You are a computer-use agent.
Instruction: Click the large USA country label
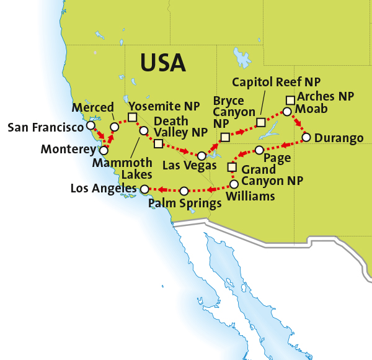pyautogui.click(x=162, y=62)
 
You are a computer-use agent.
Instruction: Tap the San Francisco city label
pyautogui.click(x=45, y=128)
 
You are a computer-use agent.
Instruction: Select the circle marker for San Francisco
pyautogui.click(x=91, y=125)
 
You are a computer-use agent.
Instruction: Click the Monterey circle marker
pyautogui.click(x=104, y=150)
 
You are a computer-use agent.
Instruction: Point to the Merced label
pyautogui.click(x=93, y=107)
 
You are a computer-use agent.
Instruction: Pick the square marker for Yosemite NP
pyautogui.click(x=132, y=117)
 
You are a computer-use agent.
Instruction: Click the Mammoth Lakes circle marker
pyautogui.click(x=143, y=131)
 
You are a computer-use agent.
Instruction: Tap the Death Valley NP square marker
pyautogui.click(x=158, y=144)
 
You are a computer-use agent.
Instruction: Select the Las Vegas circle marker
pyautogui.click(x=202, y=155)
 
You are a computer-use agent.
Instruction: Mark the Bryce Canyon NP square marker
pyautogui.click(x=224, y=136)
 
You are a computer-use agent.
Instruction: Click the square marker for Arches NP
pyautogui.click(x=290, y=99)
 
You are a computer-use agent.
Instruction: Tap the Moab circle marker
pyautogui.click(x=286, y=112)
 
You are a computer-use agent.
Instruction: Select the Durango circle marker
pyautogui.click(x=306, y=137)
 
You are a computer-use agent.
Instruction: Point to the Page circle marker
pyautogui.click(x=259, y=150)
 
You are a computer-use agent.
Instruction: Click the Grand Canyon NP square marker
pyautogui.click(x=232, y=166)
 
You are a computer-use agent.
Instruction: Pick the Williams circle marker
pyautogui.click(x=234, y=184)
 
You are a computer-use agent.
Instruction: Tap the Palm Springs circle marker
pyautogui.click(x=184, y=190)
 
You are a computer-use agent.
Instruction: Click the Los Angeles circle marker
pyautogui.click(x=144, y=189)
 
